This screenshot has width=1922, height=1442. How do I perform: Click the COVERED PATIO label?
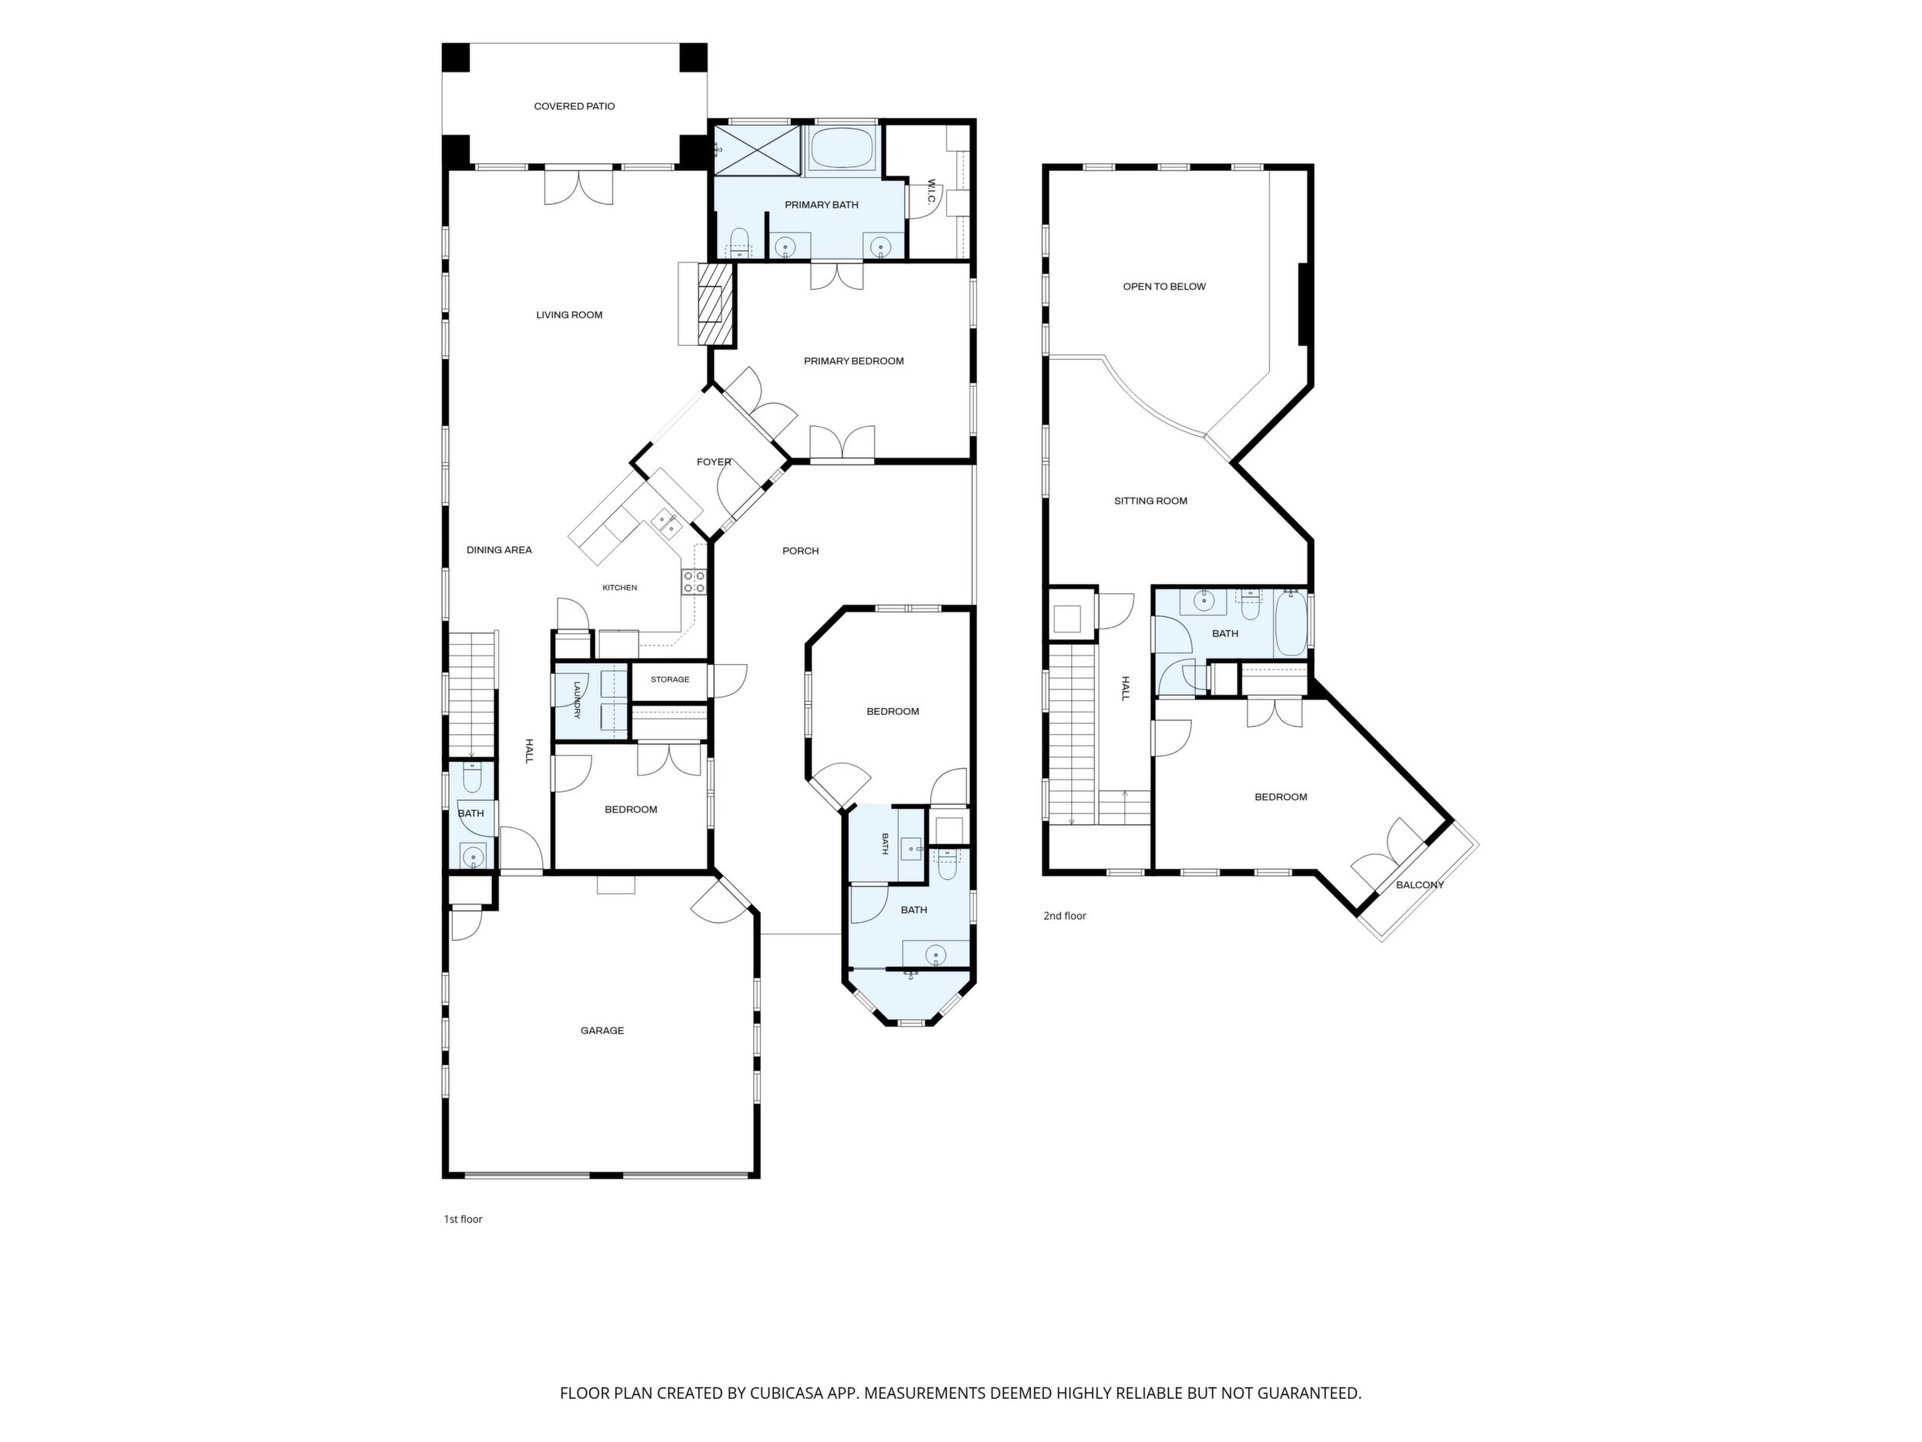click(574, 106)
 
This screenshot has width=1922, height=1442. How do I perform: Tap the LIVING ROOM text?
click(569, 314)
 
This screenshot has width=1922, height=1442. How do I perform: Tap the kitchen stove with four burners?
click(695, 582)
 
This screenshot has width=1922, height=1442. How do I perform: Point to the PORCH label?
click(800, 550)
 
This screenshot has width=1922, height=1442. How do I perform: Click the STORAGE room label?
click(670, 679)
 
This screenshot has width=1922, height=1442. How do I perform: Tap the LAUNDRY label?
click(576, 699)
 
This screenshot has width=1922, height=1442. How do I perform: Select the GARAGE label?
click(602, 1030)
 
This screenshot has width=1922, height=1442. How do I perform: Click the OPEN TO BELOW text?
click(1164, 286)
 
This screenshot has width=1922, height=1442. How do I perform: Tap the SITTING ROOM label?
click(1150, 501)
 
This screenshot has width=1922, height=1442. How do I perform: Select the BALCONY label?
click(1420, 885)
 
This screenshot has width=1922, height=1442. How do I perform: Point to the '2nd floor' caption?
click(1064, 915)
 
